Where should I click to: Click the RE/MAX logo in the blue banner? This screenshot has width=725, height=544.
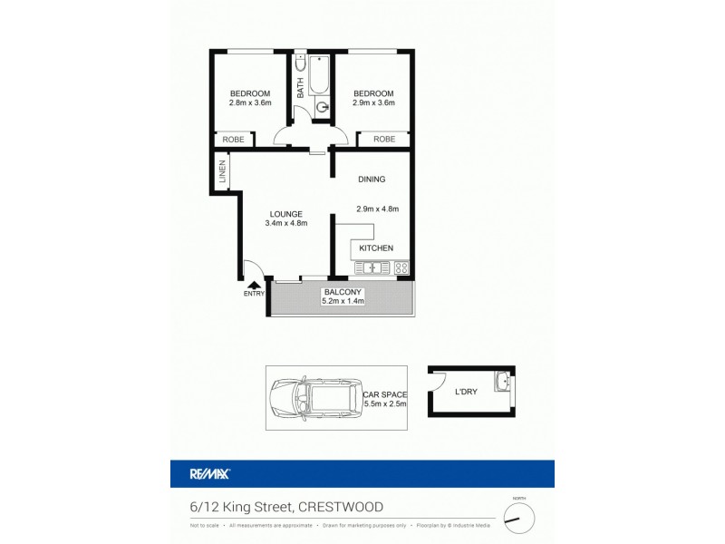pyautogui.click(x=210, y=473)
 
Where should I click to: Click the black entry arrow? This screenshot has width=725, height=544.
pyautogui.click(x=252, y=284)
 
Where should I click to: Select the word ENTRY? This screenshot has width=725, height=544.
pyautogui.click(x=253, y=294)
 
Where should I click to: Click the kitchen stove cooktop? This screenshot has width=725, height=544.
pyautogui.click(x=401, y=267)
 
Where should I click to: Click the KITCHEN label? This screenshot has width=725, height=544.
pyautogui.click(x=375, y=248)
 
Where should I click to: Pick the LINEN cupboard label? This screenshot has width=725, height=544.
pyautogui.click(x=222, y=173)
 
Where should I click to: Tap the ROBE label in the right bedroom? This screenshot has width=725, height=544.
pyautogui.click(x=384, y=140)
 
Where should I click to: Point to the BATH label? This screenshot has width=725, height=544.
pyautogui.click(x=301, y=89)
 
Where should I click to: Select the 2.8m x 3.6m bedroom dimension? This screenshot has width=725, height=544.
pyautogui.click(x=249, y=103)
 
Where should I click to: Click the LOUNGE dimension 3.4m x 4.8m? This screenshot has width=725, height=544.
pyautogui.click(x=286, y=223)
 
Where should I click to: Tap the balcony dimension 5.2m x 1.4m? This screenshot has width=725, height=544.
pyautogui.click(x=342, y=302)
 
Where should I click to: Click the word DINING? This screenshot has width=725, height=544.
pyautogui.click(x=372, y=180)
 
